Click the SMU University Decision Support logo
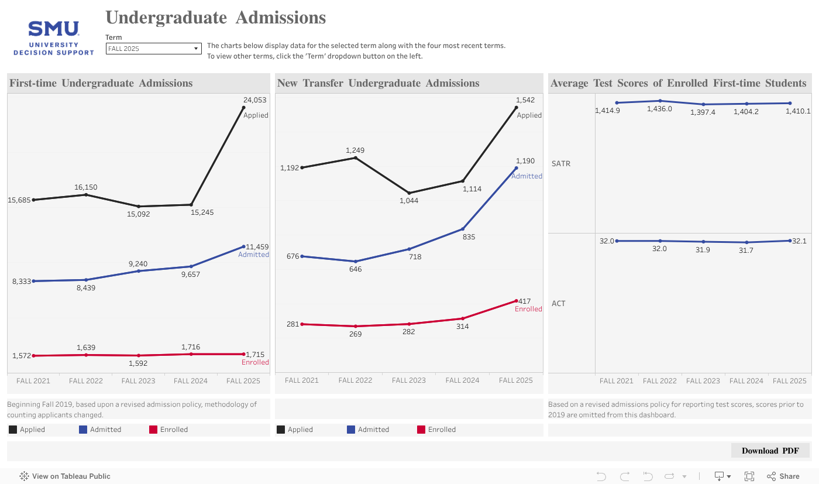[54, 38]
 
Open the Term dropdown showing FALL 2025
[153, 49]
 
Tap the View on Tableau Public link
[65, 476]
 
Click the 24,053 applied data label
[254, 100]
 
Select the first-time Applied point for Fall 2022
[86, 194]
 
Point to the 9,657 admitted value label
[191, 274]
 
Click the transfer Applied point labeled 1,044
[409, 193]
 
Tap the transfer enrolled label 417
[525, 301]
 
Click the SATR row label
[561, 163]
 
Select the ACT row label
[559, 303]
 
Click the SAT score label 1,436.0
[659, 109]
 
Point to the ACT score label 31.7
[746, 250]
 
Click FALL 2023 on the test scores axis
[703, 380]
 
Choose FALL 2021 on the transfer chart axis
[302, 380]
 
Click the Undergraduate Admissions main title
[215, 18]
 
